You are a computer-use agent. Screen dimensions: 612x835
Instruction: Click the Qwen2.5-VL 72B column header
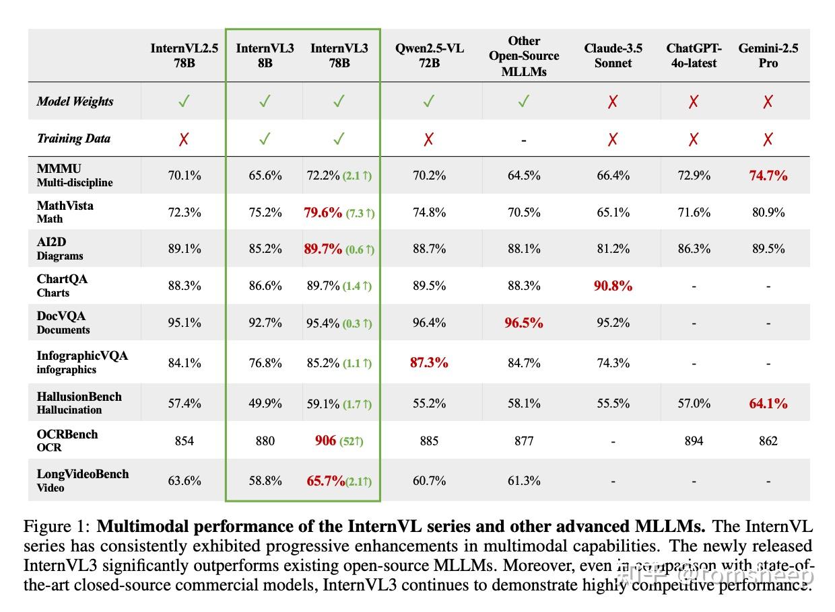[429, 56]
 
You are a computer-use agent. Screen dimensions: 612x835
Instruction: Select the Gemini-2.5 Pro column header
[768, 56]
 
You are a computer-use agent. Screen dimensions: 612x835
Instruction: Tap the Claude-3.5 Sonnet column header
[613, 56]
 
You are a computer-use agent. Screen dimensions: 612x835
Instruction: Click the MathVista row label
[65, 211]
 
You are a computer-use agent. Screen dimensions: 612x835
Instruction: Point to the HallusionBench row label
[79, 402]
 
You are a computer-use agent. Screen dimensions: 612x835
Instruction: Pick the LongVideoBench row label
[82, 480]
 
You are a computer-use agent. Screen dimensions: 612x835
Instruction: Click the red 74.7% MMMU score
[768, 176]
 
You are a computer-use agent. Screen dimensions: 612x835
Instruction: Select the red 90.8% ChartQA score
[613, 286]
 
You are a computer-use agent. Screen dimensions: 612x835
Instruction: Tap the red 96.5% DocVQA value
[524, 323]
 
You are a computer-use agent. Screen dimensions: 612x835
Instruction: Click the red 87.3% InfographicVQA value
[429, 362]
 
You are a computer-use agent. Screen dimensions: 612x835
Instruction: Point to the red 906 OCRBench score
[325, 441]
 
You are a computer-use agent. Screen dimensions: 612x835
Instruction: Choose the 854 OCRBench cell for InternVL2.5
[184, 441]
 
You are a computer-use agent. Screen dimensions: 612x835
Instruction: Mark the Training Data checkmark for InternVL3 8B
[265, 139]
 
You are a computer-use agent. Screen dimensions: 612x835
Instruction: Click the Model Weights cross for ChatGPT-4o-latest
[694, 102]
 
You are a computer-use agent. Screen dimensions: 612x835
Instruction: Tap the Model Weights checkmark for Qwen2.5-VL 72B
[429, 102]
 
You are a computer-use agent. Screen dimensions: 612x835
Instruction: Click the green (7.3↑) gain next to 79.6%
[360, 213]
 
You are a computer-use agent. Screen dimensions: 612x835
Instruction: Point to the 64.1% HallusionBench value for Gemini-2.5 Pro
[768, 404]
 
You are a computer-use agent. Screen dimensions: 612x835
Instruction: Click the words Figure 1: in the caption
[57, 526]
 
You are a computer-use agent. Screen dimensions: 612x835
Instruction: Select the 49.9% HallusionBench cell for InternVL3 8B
[265, 404]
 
